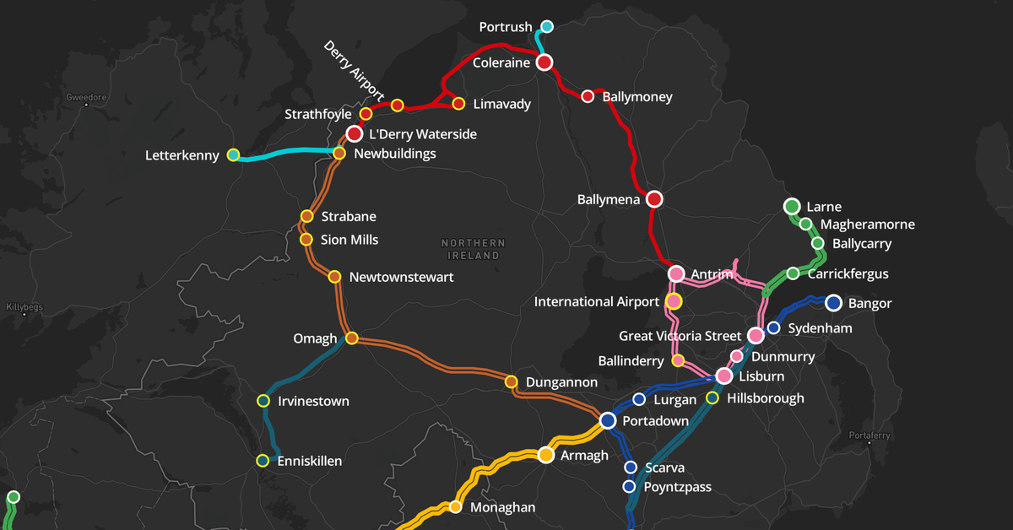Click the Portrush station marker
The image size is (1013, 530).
(547, 26)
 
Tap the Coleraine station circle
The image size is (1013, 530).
(544, 62)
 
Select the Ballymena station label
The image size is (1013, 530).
(608, 200)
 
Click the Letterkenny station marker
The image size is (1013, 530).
(234, 154)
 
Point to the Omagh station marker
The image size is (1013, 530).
(352, 338)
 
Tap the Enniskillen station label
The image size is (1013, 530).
(310, 461)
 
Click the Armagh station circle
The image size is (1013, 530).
(545, 455)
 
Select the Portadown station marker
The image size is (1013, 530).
(608, 420)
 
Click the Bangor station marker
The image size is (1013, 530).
(833, 303)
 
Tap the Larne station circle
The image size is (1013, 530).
(792, 206)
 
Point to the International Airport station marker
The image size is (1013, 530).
(674, 301)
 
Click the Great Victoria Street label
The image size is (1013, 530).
(680, 336)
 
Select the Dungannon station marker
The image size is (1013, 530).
(511, 381)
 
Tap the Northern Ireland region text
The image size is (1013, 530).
(473, 249)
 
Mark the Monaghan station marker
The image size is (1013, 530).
(455, 507)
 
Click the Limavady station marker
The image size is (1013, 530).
(458, 104)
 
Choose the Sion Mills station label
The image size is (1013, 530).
(349, 240)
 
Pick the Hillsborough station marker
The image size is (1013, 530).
(712, 397)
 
